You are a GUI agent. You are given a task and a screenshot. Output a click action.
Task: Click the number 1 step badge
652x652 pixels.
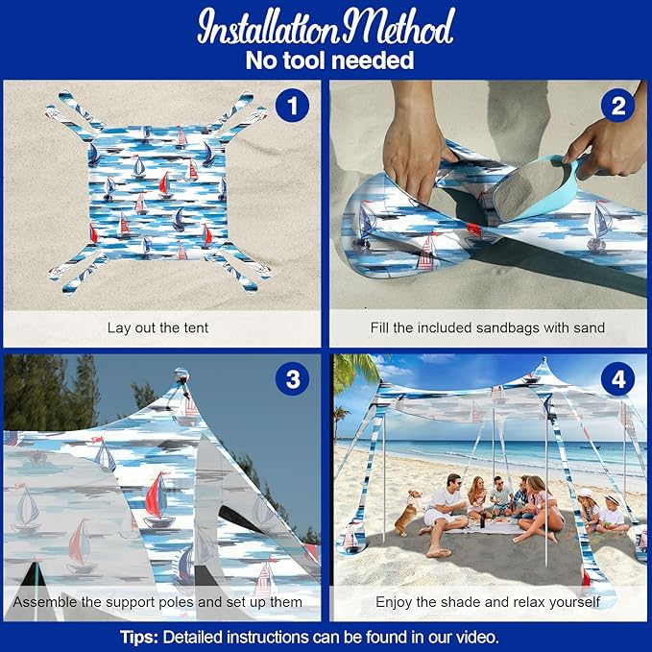tap(292, 106)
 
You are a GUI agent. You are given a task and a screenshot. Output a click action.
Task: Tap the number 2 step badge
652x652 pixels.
tap(617, 106)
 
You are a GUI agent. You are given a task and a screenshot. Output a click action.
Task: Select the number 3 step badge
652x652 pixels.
tap(292, 379)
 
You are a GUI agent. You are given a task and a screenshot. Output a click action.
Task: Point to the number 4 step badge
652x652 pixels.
tap(617, 379)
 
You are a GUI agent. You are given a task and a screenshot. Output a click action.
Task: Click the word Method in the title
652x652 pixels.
tap(398, 27)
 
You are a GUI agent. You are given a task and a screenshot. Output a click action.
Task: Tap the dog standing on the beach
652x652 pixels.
tap(408, 512)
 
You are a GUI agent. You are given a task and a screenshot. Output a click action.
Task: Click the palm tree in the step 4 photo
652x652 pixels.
tap(357, 373)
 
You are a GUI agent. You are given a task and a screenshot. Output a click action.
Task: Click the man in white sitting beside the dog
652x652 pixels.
tap(442, 514)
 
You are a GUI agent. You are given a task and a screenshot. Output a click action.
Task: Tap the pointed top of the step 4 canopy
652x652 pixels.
tap(544, 361)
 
